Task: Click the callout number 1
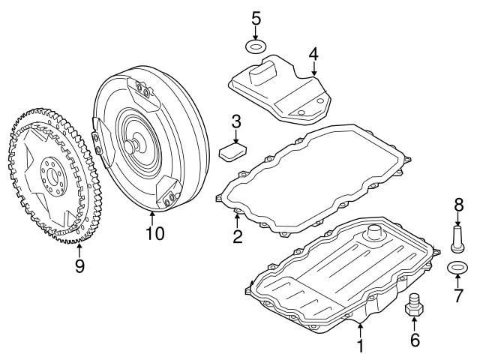point(360,346)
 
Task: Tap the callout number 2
point(237,238)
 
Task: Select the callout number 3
point(235,121)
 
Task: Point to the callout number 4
point(313,54)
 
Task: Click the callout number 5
point(256,16)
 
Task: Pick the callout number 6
point(414,340)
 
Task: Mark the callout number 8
point(457,203)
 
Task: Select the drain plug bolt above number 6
point(414,307)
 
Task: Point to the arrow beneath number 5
point(256,33)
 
